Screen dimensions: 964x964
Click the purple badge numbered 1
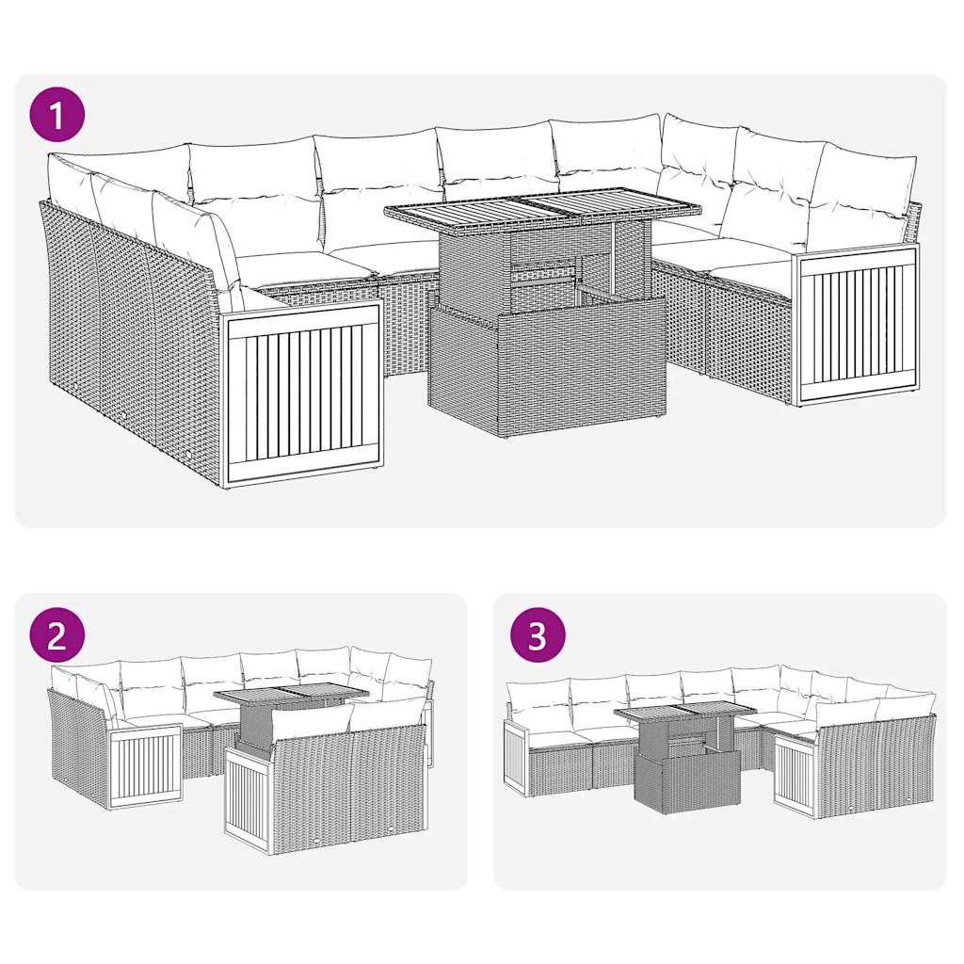pyautogui.click(x=57, y=116)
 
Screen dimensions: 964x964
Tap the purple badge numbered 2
pyautogui.click(x=57, y=635)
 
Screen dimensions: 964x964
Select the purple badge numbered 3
pyautogui.click(x=537, y=635)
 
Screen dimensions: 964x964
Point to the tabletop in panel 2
pyautogui.click(x=291, y=696)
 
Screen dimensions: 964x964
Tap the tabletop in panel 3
pyautogui.click(x=684, y=713)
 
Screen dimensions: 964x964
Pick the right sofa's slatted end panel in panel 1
pyautogui.click(x=858, y=323)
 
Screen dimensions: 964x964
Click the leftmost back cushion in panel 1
pyautogui.click(x=72, y=184)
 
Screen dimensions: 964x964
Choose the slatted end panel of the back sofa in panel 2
pyautogui.click(x=145, y=764)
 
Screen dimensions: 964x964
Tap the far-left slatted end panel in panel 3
pyautogui.click(x=516, y=758)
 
